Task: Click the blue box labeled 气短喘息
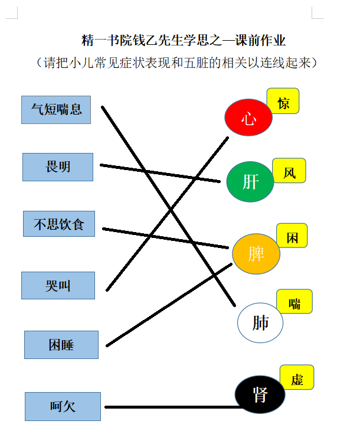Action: [56, 110]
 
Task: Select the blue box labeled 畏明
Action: [58, 167]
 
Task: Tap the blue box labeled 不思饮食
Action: [59, 224]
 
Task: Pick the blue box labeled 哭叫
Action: [58, 285]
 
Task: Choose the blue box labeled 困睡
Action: [61, 345]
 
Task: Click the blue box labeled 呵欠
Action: [63, 406]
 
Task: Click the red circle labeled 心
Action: [248, 117]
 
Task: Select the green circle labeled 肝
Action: [250, 182]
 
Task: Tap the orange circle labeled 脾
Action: [256, 254]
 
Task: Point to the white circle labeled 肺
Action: [260, 322]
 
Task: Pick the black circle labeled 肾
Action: [260, 394]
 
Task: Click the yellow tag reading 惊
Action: [283, 101]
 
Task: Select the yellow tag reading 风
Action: [289, 171]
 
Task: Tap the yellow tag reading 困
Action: [292, 236]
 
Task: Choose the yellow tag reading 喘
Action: [294, 301]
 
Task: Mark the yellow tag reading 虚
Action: [297, 377]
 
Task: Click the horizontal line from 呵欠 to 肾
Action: [174, 407]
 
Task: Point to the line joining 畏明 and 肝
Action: [160, 173]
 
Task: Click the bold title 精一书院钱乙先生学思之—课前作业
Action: [184, 40]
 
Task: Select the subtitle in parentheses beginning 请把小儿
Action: [176, 63]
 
